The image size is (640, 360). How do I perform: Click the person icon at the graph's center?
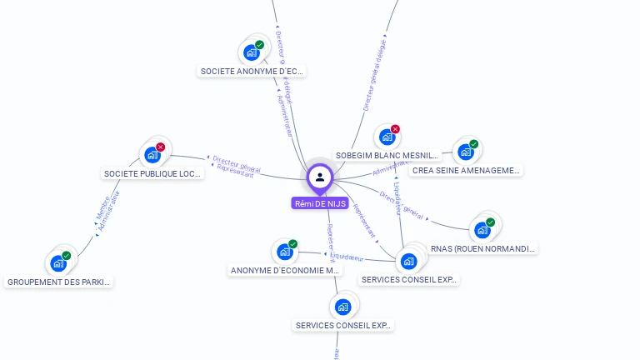tap(320, 177)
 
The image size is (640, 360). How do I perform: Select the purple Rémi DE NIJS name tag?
tap(320, 203)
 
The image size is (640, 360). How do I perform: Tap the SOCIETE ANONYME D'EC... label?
tap(252, 72)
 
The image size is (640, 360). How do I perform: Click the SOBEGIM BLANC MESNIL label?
tap(387, 156)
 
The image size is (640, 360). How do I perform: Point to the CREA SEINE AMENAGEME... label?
tap(466, 171)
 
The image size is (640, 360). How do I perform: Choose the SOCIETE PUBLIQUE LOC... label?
tap(152, 174)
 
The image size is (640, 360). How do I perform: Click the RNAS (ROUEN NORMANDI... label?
tap(482, 248)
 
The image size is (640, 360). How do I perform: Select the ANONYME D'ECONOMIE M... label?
tap(285, 271)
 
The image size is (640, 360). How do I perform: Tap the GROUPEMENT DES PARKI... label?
tap(58, 282)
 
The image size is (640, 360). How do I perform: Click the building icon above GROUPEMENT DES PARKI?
tap(58, 263)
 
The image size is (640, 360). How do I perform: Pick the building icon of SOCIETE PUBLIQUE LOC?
tap(152, 155)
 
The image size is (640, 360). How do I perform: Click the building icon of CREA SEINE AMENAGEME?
tap(466, 152)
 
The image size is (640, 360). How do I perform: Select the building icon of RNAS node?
tap(482, 230)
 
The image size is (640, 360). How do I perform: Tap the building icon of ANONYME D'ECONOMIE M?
tap(284, 252)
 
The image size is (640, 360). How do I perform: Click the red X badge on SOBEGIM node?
tap(395, 129)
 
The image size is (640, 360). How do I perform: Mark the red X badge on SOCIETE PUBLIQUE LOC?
tap(160, 147)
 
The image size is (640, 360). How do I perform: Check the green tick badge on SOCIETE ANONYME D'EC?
tap(259, 45)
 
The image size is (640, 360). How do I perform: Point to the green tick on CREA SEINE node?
tap(473, 144)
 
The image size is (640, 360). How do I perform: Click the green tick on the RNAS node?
tap(490, 222)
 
